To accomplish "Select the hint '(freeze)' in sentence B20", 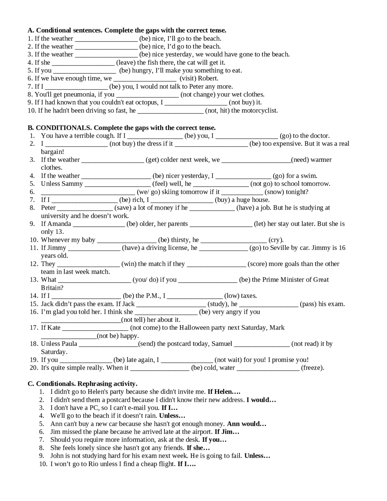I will point(313,368).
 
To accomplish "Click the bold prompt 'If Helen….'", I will point(224,392).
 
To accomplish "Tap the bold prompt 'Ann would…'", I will point(247,424).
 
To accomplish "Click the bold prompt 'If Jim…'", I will point(227,432).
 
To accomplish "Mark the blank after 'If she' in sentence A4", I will point(83,63).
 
